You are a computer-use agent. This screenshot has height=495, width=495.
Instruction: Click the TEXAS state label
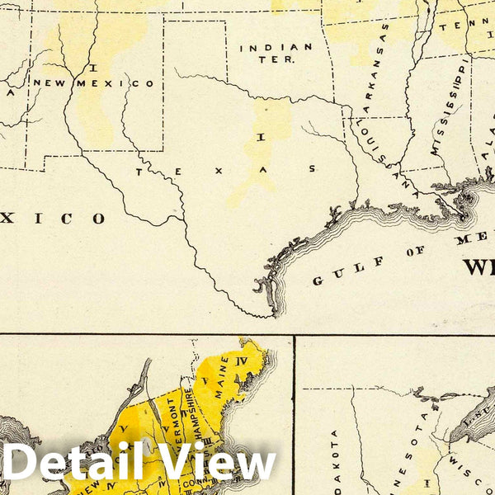pos(226,169)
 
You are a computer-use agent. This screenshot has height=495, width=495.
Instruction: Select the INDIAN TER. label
pos(276,53)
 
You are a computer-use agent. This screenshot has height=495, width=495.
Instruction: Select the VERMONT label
pos(171,420)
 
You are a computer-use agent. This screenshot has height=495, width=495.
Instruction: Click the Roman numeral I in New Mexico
pos(95,66)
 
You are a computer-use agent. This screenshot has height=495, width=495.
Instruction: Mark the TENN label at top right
pos(455,26)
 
